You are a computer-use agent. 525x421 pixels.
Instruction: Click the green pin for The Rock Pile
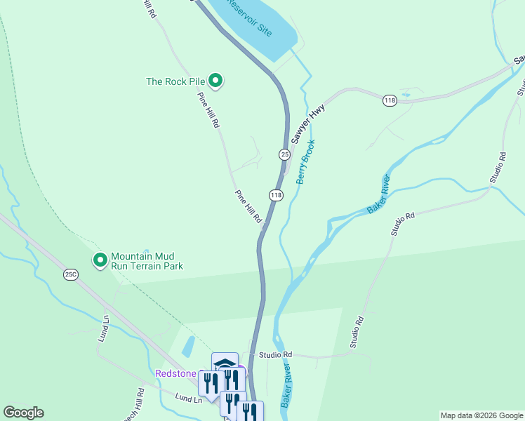coord(216,82)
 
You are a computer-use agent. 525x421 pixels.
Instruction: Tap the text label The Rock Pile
coord(175,81)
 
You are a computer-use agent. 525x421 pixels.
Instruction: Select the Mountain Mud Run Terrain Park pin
coord(100,260)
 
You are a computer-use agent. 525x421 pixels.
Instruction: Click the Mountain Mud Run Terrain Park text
coord(147,261)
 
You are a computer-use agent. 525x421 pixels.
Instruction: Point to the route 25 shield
coord(284,154)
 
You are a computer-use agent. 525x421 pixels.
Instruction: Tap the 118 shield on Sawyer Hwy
coord(390,101)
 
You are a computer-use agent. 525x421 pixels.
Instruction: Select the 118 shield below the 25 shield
coord(276,194)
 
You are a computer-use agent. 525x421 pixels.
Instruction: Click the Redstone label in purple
coord(175,373)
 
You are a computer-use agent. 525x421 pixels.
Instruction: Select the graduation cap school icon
coord(225,363)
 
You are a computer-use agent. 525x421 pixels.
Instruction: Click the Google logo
coord(23,413)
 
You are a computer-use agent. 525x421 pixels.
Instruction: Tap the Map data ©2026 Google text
coord(481,415)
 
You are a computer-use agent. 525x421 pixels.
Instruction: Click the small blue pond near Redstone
coord(187,346)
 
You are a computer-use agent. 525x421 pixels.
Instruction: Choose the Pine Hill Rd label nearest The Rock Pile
coord(208,109)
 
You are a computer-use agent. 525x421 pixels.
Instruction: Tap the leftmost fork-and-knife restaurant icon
coord(208,382)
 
